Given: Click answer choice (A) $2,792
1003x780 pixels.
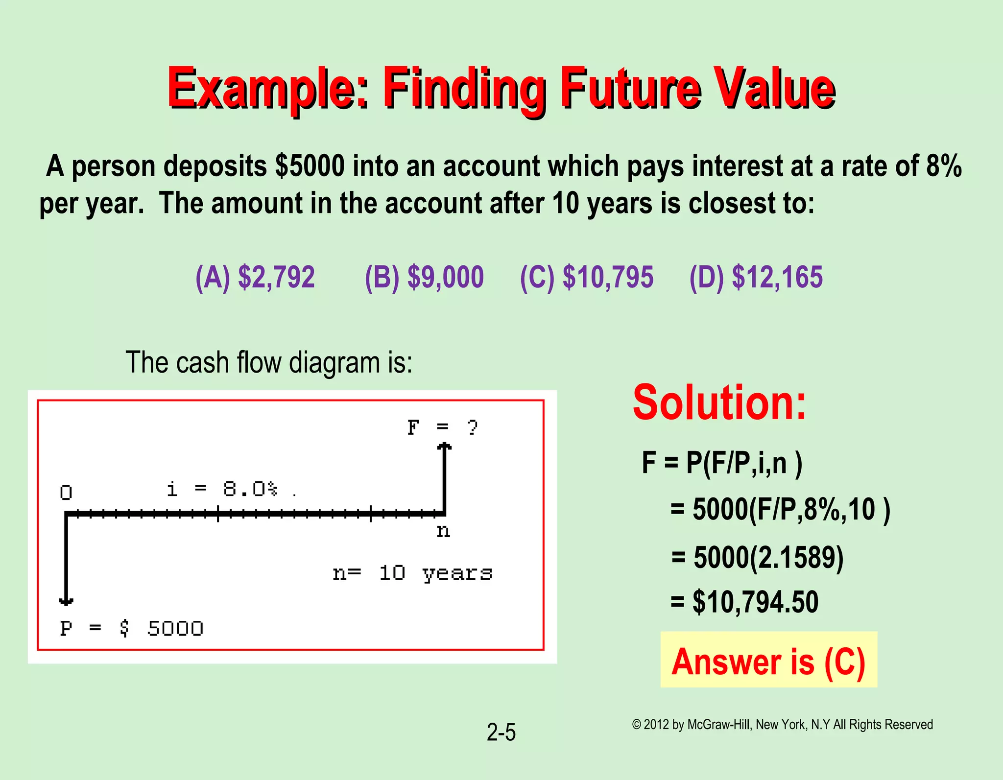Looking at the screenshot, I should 255,277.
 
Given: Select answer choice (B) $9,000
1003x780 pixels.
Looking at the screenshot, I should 424,277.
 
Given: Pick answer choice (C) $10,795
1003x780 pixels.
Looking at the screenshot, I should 586,277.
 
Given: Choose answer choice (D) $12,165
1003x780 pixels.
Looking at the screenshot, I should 756,277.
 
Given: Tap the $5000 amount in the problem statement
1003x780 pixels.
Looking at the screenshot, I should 310,166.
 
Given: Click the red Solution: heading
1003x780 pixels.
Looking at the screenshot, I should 719,402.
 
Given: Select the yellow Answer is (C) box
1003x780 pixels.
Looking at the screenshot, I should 768,660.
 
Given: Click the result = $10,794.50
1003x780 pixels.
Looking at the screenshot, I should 744,602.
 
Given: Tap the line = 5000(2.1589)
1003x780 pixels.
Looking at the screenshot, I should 758,557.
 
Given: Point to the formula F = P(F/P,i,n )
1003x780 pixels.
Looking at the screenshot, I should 722,463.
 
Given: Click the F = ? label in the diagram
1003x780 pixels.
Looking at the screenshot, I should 442,427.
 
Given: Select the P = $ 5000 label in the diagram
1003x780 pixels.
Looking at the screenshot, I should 131,628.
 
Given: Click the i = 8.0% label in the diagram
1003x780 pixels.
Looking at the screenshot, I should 223,489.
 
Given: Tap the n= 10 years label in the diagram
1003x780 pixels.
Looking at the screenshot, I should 412,573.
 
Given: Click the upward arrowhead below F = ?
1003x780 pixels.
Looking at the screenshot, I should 444,446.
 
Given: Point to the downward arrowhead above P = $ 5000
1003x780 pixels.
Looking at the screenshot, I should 66,601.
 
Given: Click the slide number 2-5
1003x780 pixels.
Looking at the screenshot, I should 501,733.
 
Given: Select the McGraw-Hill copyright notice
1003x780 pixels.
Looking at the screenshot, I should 782,725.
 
